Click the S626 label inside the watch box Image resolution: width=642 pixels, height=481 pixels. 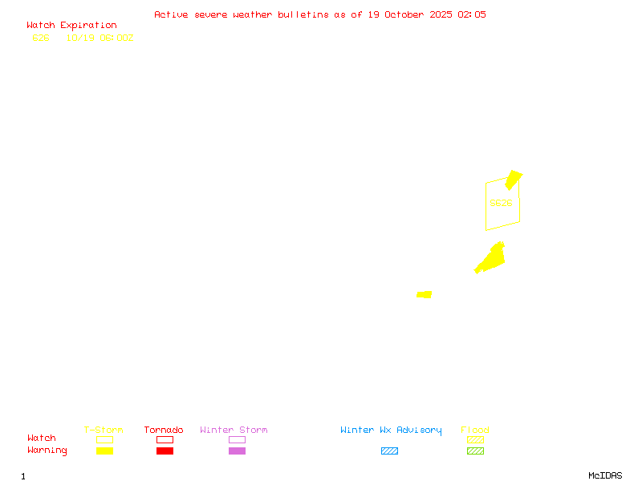pos(501,203)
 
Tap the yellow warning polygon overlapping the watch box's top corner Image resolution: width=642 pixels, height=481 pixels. pos(513,180)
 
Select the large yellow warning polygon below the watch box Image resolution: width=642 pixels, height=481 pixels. pos(490,260)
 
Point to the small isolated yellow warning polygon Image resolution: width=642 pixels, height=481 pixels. pos(425,294)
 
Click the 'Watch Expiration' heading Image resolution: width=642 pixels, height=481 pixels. pos(71,25)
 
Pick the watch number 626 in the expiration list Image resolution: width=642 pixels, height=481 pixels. pos(41,38)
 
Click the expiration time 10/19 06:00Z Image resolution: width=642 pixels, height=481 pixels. pos(100,38)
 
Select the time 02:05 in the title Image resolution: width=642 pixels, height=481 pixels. pos(472,14)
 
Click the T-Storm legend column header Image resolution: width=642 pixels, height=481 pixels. pos(104,430)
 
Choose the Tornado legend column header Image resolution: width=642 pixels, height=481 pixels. pos(164,430)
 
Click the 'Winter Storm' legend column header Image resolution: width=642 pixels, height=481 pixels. pos(234,430)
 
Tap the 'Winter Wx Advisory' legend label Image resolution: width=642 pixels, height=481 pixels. pos(391,430)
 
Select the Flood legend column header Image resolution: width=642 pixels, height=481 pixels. pos(475,430)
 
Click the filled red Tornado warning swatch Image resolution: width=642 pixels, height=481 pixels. pos(165,451)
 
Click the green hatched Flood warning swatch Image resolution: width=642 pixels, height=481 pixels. pos(475,451)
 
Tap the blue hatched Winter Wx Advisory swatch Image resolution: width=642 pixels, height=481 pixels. pos(389,451)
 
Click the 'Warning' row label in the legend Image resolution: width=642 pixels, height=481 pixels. pos(47,451)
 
